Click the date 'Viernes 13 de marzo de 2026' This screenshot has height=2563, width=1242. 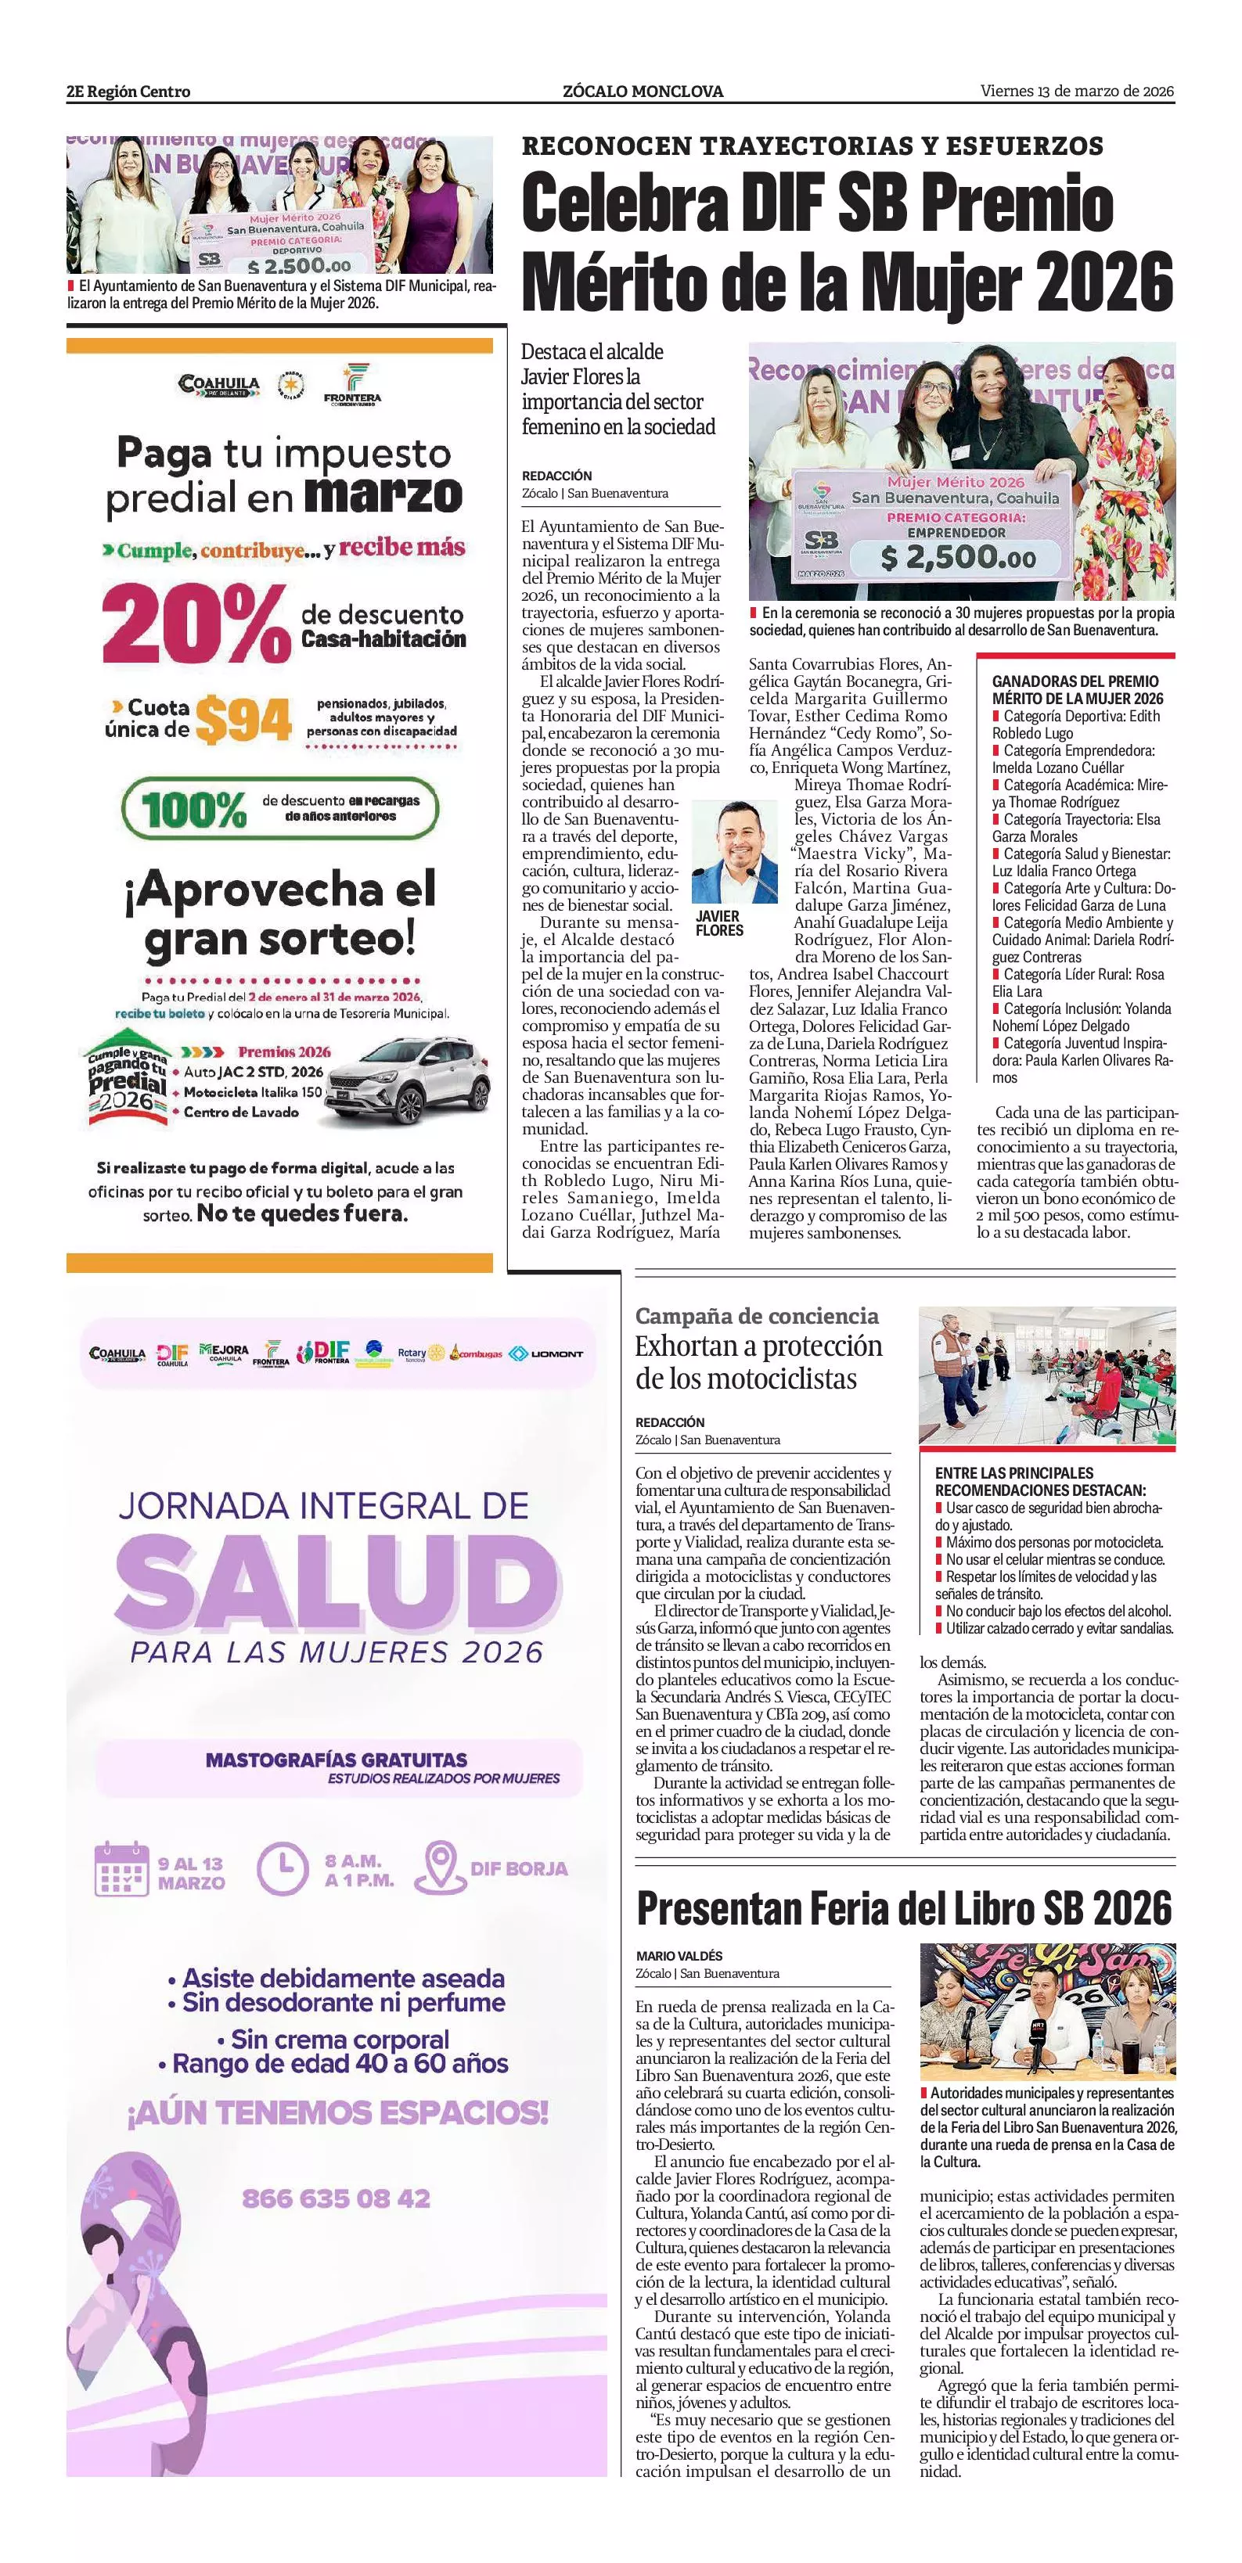(x=1077, y=92)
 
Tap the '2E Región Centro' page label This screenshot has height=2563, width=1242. (x=128, y=92)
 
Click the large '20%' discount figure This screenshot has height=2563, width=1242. (x=195, y=624)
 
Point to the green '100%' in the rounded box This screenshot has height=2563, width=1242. (x=194, y=810)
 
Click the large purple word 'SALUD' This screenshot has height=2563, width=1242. (x=337, y=1583)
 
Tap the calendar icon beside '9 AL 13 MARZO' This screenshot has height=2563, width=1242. (x=121, y=1868)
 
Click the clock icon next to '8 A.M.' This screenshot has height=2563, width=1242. (x=283, y=1868)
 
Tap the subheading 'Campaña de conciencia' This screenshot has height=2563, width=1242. (x=756, y=1315)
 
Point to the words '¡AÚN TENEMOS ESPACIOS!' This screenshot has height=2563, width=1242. (x=337, y=2113)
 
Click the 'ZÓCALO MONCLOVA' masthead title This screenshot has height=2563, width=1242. (x=643, y=92)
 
